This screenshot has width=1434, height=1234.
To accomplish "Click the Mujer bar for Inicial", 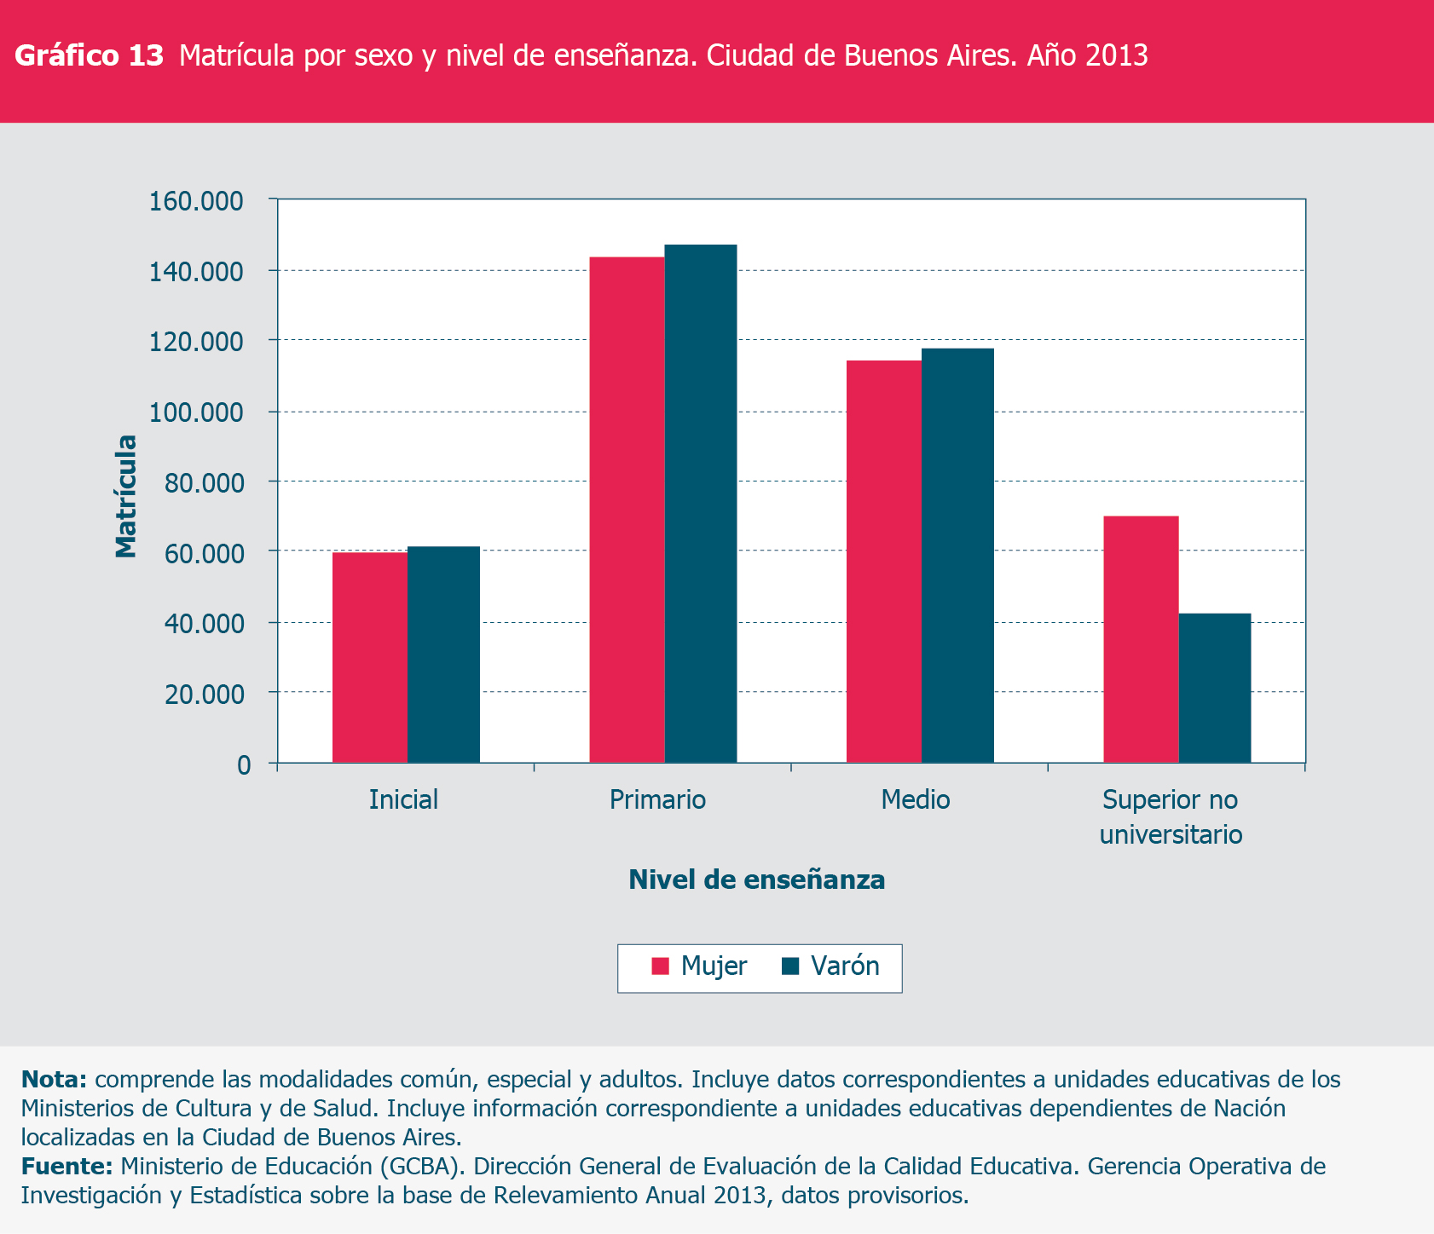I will pos(369,657).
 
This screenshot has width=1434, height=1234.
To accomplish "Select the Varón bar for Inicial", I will pos(443,654).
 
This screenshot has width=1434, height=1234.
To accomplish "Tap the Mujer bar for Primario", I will pos(627,510).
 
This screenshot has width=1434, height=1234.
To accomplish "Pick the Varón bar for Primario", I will pos(701,504).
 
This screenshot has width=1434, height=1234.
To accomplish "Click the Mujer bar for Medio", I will pos(884,562).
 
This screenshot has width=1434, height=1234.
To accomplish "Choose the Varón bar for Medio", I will pos(957,556).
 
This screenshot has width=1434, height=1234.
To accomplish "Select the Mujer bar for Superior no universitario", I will pos(1141,639).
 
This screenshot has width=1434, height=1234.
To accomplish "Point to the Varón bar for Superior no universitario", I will pos(1215,688).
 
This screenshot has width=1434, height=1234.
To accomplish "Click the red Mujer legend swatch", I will pos(660,966).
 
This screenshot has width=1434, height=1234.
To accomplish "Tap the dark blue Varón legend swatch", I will pos(790,966).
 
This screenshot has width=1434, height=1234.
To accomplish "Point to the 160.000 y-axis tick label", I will pos(196,202).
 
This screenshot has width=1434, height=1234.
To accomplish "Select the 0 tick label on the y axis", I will pos(244,765).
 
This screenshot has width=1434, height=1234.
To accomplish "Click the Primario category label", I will pos(657,799).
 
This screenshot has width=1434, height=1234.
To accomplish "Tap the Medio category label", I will pos(915,799).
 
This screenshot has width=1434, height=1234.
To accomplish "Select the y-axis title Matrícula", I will pos(126,496).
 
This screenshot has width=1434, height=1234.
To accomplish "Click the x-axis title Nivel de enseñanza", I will pos(756,879).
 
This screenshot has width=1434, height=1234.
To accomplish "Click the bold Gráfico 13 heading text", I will pos(90,55).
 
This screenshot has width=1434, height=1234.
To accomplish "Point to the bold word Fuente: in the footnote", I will pos(66,1166).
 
